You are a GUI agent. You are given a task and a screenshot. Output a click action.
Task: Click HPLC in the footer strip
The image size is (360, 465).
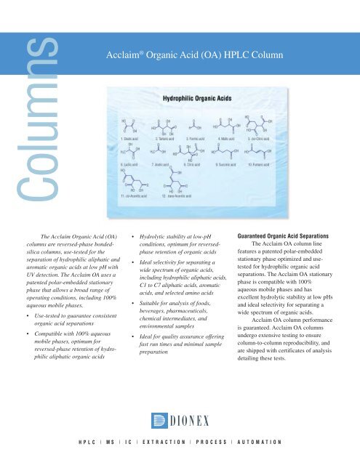91,441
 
